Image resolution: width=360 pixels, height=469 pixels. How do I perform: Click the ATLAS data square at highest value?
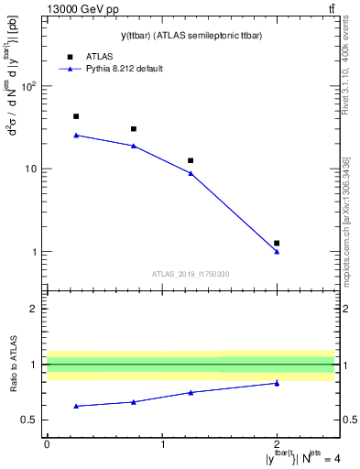(x=76, y=116)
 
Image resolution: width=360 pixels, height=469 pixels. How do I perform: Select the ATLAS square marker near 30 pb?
(x=134, y=129)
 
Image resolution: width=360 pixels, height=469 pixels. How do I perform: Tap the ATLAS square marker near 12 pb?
(x=191, y=160)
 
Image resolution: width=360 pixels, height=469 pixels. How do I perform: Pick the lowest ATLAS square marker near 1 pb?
(x=277, y=243)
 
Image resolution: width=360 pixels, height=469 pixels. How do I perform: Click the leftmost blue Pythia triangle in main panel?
(x=76, y=135)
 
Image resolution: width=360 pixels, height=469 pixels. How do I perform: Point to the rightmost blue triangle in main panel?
(x=277, y=251)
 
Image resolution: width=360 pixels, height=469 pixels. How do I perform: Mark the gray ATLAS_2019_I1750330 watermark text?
(x=191, y=274)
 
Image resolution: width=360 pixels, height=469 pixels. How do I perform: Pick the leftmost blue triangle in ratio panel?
(x=76, y=406)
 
